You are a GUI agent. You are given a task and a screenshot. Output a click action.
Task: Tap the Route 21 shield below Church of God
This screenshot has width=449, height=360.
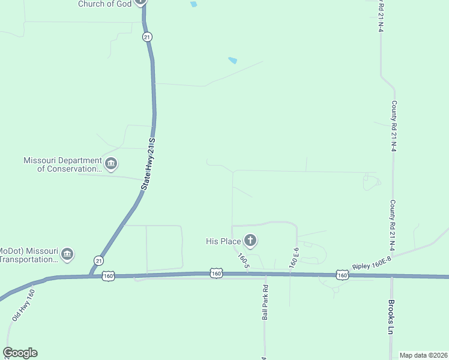pyautogui.click(x=147, y=37)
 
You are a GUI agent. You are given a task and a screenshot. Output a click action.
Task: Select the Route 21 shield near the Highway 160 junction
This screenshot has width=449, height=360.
pyautogui.click(x=98, y=260)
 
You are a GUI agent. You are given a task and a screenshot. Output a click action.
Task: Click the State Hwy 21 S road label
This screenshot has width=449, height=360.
pyautogui.click(x=148, y=164)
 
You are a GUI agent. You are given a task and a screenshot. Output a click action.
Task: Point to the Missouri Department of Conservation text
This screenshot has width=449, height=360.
pyautogui.click(x=62, y=164)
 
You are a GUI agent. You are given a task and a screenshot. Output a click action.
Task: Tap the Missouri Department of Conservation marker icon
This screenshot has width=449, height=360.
pyautogui.click(x=111, y=163)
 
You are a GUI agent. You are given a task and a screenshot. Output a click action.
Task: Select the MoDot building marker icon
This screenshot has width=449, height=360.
pyautogui.click(x=67, y=254)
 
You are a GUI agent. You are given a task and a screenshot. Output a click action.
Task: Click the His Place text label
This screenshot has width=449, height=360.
pyautogui.click(x=223, y=241)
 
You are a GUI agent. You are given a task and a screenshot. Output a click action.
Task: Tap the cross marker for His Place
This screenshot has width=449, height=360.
pyautogui.click(x=250, y=241)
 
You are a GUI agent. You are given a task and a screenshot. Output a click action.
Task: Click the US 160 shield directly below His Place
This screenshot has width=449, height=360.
pyautogui.click(x=217, y=274)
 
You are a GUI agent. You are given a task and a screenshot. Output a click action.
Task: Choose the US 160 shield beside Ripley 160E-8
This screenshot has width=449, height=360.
pyautogui.click(x=342, y=274)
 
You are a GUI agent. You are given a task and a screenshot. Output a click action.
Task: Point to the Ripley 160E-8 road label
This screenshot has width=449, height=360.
pyautogui.click(x=372, y=262)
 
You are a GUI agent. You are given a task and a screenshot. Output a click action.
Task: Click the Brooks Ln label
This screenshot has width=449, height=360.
pyautogui.click(x=391, y=317)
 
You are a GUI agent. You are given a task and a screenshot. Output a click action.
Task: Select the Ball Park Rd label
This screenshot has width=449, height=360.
pyautogui.click(x=265, y=306)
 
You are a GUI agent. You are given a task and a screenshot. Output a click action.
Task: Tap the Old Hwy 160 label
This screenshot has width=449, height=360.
pyautogui.click(x=22, y=304)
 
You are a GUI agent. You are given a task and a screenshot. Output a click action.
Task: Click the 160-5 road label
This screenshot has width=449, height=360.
pyautogui.click(x=243, y=260)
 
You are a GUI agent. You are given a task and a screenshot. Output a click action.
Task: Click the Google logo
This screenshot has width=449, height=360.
pyautogui.click(x=20, y=353)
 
